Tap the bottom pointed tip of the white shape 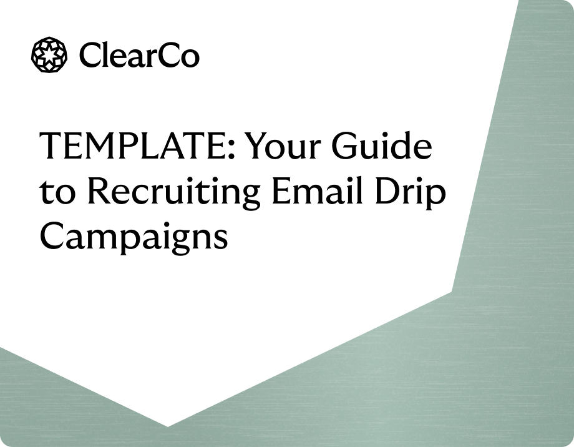[x=167, y=426]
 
